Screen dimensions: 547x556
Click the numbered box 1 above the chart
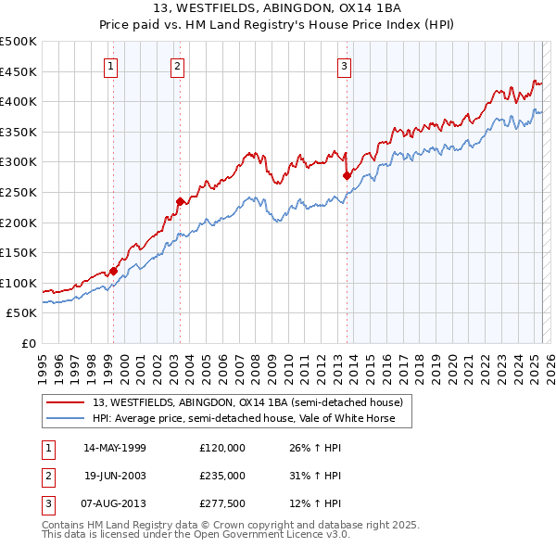point(110,66)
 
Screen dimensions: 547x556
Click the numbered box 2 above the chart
point(176,66)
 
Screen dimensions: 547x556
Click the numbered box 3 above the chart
point(344,66)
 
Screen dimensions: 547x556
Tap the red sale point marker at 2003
point(180,201)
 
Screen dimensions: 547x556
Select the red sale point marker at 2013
point(347,174)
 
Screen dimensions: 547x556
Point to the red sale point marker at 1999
point(113,271)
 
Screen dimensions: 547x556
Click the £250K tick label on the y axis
point(19,192)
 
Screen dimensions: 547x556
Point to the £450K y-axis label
point(19,71)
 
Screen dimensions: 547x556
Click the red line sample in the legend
point(65,403)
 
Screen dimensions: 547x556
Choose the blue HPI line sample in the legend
point(65,418)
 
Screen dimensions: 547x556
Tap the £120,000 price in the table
point(222,448)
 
